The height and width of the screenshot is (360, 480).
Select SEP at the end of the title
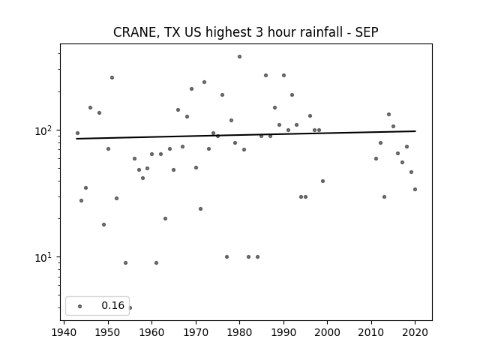click(367, 32)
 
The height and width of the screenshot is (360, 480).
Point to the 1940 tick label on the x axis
click(64, 332)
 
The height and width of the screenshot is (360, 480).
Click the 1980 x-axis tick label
click(240, 332)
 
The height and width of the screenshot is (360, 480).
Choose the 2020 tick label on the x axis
click(415, 332)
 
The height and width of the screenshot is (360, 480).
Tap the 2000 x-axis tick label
click(328, 332)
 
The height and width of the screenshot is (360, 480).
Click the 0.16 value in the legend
click(113, 305)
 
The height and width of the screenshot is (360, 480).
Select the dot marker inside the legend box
click(80, 306)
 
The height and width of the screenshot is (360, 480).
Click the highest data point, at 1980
click(240, 57)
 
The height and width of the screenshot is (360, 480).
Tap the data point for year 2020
click(415, 190)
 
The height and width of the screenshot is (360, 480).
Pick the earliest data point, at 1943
click(77, 133)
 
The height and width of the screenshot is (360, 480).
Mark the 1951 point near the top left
click(112, 78)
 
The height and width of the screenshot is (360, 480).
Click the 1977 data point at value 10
click(226, 256)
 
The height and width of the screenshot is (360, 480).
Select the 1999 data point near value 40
click(323, 181)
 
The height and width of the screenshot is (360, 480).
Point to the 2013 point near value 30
click(385, 196)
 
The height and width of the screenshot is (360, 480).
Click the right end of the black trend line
click(415, 131)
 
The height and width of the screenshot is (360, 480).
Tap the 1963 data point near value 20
click(165, 218)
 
